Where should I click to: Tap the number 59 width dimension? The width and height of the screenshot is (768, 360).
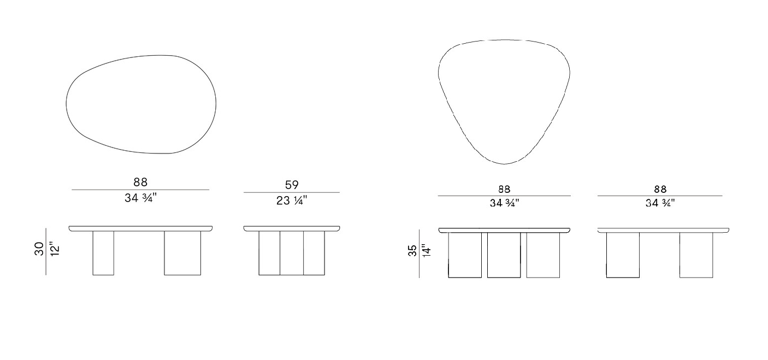click(292, 185)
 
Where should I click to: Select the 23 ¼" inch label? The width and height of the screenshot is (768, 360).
click(292, 200)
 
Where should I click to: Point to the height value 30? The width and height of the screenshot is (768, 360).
click(39, 249)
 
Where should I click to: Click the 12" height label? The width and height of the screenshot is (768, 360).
click(55, 249)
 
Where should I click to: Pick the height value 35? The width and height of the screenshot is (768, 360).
click(412, 250)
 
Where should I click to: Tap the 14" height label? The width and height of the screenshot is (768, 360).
click(426, 250)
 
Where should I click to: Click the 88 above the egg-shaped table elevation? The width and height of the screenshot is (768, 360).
click(140, 182)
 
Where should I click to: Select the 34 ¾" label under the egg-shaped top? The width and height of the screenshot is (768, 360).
click(140, 198)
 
